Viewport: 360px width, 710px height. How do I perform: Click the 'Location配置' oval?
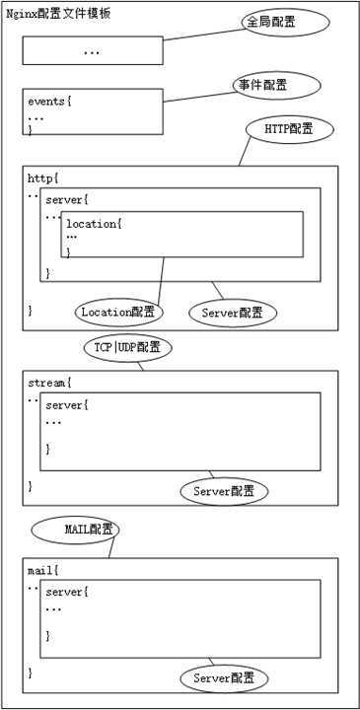(118, 312)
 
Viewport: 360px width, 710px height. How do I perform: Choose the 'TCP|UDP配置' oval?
(127, 347)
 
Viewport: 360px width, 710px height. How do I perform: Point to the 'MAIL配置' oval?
(75, 530)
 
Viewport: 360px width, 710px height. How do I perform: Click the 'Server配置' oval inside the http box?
(233, 313)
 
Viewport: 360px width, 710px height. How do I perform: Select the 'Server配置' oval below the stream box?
(224, 490)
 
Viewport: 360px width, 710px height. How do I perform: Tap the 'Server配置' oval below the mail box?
(224, 678)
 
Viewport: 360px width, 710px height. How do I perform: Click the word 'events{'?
(50, 101)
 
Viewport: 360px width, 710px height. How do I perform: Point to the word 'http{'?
(43, 177)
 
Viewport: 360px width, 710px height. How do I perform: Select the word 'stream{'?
(49, 382)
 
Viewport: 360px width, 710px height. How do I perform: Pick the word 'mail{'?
(43, 570)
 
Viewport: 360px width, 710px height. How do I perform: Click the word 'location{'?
(94, 224)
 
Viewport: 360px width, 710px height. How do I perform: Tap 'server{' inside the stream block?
(67, 405)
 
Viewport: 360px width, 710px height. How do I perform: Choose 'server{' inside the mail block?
(67, 592)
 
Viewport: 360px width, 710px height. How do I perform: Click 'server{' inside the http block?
(67, 200)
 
